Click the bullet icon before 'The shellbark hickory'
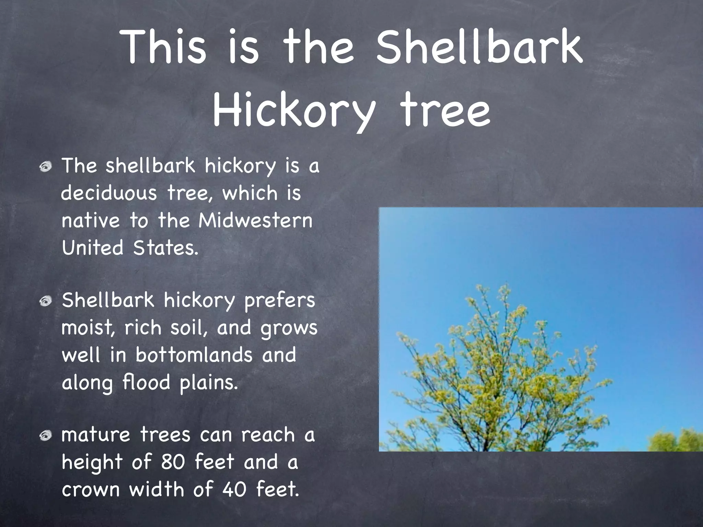point(45,167)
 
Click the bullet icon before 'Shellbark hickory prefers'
point(45,302)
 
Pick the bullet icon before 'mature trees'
point(45,436)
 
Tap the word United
point(92,247)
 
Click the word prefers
point(279,301)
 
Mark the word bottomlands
point(194,355)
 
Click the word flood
point(146,382)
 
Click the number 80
point(173,462)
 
